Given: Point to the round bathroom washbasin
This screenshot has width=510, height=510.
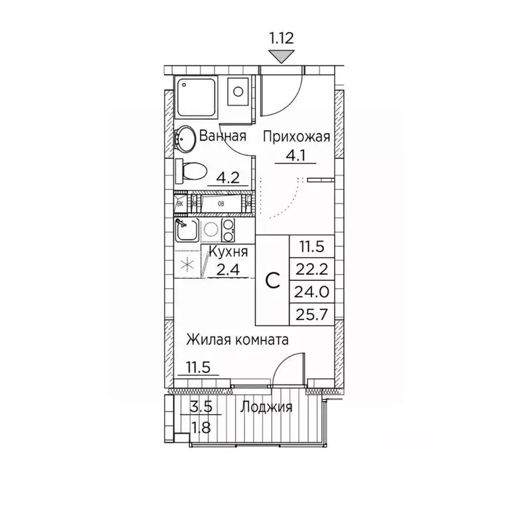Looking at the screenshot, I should (184, 138).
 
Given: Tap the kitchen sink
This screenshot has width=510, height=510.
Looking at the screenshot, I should (185, 230).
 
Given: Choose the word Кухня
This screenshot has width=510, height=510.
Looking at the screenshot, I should (228, 252).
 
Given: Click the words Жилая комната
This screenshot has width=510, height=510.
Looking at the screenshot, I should (236, 341).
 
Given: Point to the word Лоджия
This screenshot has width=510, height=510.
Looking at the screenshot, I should (266, 408).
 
